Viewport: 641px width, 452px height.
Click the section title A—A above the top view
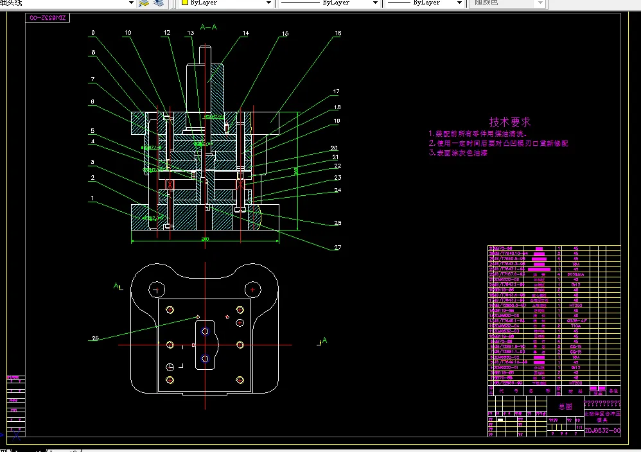pyautogui.click(x=208, y=27)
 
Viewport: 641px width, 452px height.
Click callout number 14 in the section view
pyautogui.click(x=245, y=33)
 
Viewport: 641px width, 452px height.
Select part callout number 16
pyautogui.click(x=338, y=33)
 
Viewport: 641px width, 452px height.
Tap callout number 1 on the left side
pyautogui.click(x=92, y=198)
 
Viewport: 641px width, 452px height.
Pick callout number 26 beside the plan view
pyautogui.click(x=96, y=338)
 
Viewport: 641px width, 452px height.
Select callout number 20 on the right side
pyautogui.click(x=334, y=148)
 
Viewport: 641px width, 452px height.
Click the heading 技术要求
pyautogui.click(x=510, y=121)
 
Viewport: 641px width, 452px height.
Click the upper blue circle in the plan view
pyautogui.click(x=205, y=331)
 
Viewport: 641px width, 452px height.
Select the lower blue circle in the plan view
pyautogui.click(x=205, y=358)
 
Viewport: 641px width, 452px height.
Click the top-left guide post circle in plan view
pyautogui.click(x=156, y=290)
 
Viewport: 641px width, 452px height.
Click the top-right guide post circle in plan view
pyautogui.click(x=254, y=290)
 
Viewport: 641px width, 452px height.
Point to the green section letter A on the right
pyautogui.click(x=324, y=340)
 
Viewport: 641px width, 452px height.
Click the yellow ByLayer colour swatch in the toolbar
pyautogui.click(x=184, y=3)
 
